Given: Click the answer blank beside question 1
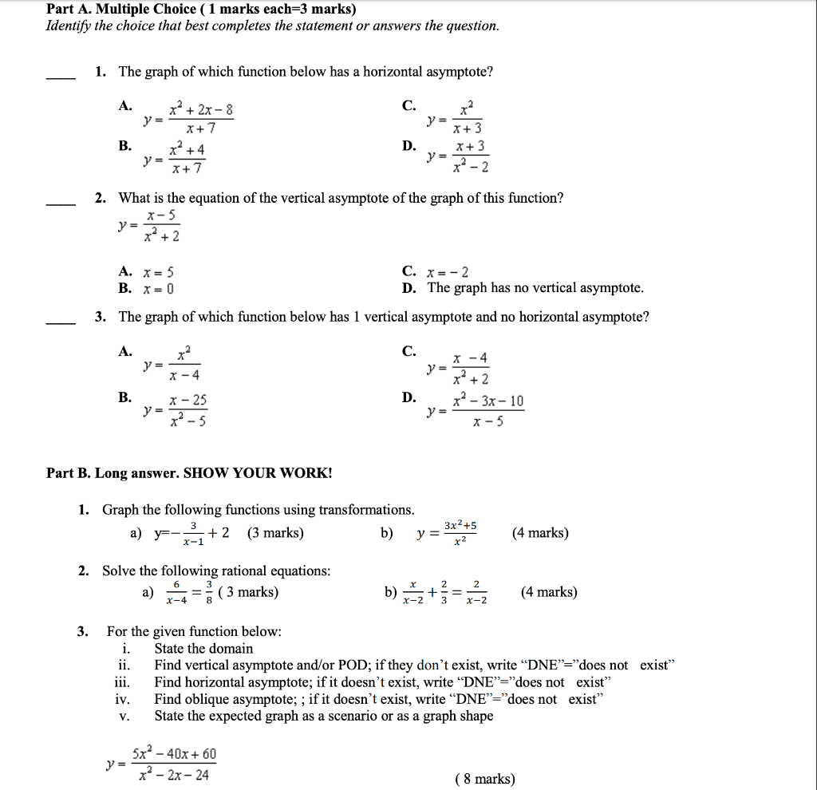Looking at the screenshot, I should click(60, 77).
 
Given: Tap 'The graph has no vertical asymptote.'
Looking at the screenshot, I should click(535, 288).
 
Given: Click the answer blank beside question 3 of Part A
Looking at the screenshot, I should click(60, 322).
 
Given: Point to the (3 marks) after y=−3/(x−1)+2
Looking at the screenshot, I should click(275, 533).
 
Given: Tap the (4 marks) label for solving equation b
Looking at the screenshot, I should click(548, 592).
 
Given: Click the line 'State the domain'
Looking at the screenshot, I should click(203, 649).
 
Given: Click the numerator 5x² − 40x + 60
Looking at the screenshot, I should click(175, 754).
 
